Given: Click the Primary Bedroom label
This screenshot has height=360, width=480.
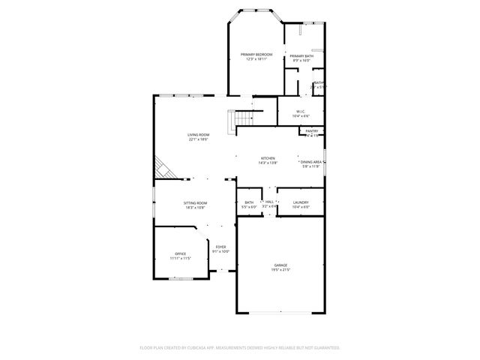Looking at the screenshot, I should tap(256, 55).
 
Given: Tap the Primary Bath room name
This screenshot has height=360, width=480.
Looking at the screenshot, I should tap(301, 56).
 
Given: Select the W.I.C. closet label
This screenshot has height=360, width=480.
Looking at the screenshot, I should tap(300, 112).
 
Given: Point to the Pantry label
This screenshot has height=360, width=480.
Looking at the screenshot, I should tap(311, 131).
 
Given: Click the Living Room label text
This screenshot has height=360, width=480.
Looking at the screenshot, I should tap(198, 135).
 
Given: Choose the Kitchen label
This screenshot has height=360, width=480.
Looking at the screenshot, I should tap(268, 158).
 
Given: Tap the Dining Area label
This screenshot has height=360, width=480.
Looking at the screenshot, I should tap(311, 162).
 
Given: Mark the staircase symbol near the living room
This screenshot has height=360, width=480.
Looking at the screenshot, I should tap(241, 118).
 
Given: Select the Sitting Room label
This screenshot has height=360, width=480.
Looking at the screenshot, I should tap(196, 202).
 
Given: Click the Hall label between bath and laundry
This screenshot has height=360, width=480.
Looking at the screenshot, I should tap(269, 202).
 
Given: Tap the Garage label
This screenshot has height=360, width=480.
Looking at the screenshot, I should tap(281, 265).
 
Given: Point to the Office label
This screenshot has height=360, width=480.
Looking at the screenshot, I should tap(181, 253).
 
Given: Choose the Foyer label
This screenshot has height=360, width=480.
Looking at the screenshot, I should tap(221, 247).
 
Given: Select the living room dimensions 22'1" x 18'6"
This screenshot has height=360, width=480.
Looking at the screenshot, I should tap(198, 139).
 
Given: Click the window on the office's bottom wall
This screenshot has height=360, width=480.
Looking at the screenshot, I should tap(181, 280).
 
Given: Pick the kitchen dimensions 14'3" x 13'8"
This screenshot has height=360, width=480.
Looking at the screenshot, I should tap(268, 163).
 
